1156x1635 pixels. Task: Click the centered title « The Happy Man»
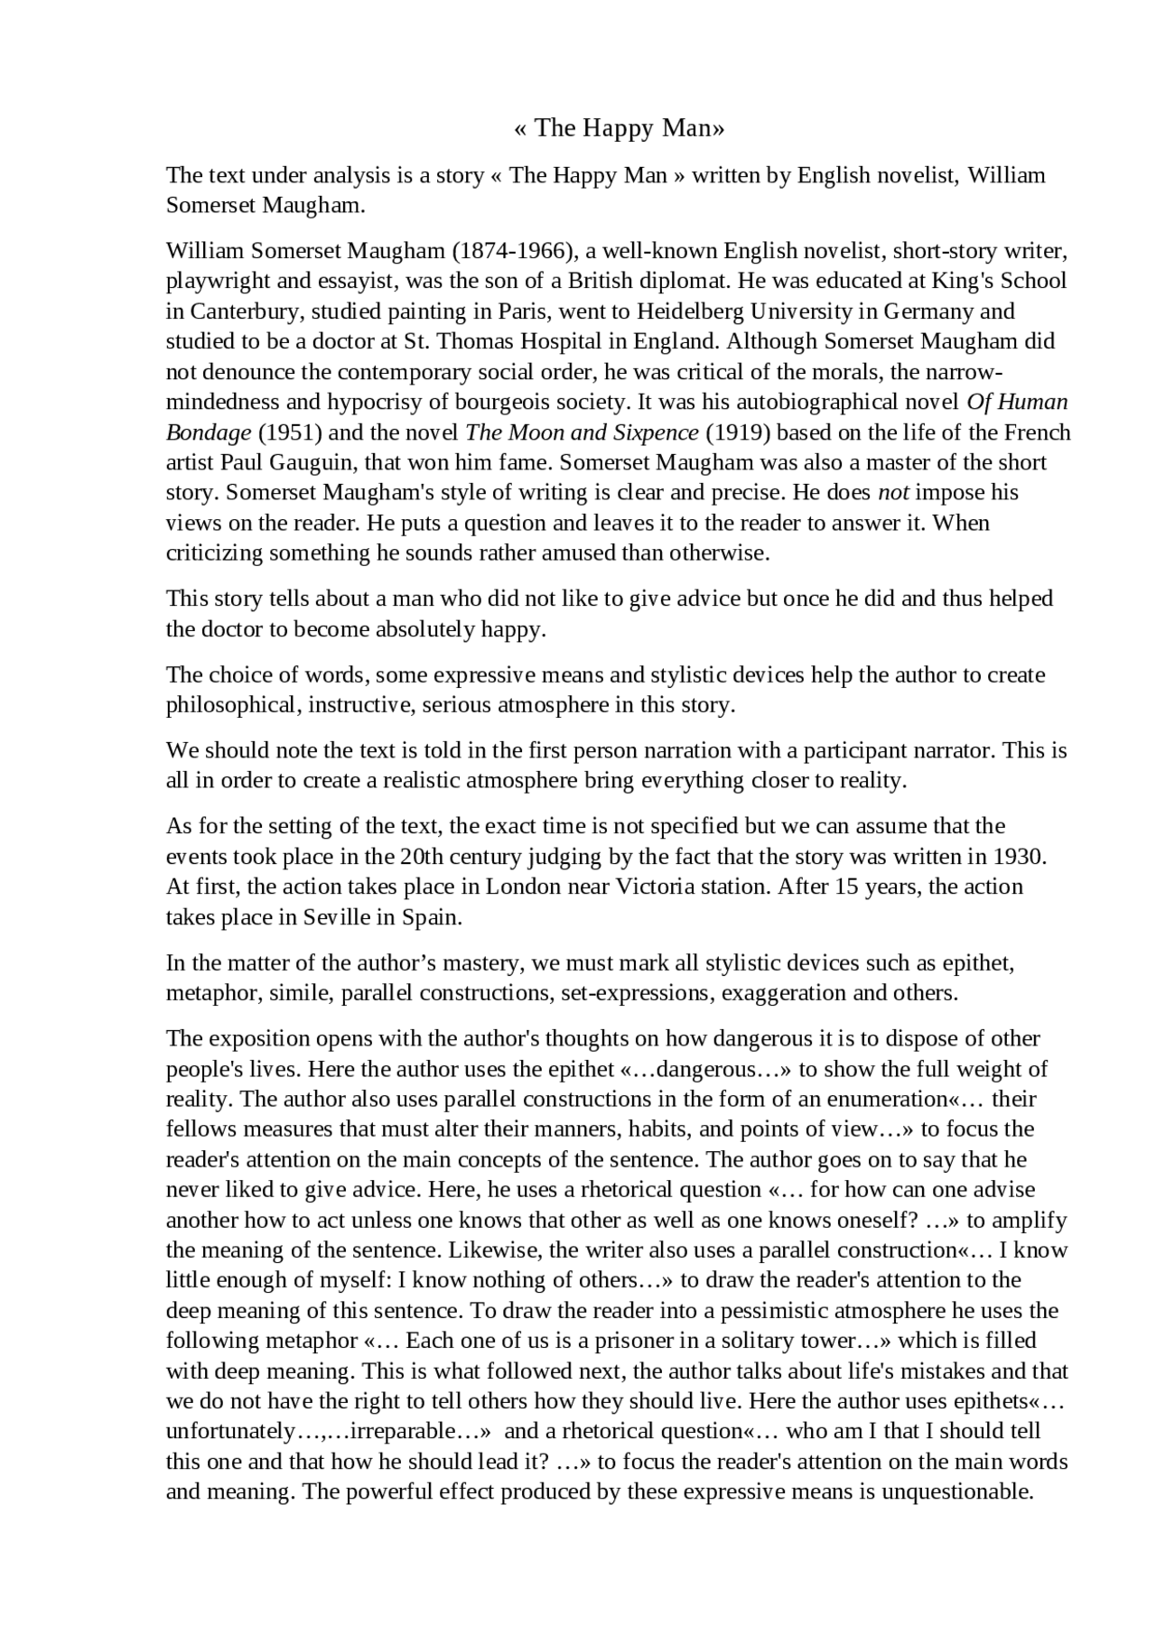[x=620, y=128]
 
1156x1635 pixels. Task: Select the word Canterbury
[x=237, y=311]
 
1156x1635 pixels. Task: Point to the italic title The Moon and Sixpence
[x=582, y=432]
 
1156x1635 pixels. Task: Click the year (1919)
[x=737, y=432]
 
